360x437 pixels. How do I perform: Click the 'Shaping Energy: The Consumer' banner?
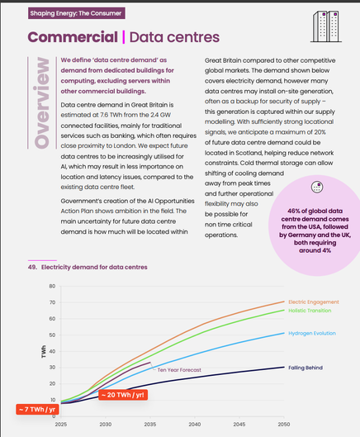pyautogui.click(x=76, y=13)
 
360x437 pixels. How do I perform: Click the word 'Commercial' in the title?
pyautogui.click(x=73, y=37)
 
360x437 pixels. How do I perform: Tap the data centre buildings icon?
pyautogui.click(x=326, y=26)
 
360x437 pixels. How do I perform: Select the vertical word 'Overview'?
pyautogui.click(x=42, y=102)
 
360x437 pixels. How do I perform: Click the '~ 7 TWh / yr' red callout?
pyautogui.click(x=37, y=409)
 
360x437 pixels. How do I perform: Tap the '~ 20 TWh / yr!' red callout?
pyautogui.click(x=123, y=395)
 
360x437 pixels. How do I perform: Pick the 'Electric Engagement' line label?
pyautogui.click(x=314, y=302)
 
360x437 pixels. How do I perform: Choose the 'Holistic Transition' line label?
pyautogui.click(x=310, y=311)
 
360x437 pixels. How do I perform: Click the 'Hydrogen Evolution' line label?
pyautogui.click(x=312, y=333)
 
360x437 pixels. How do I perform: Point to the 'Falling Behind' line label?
pyautogui.click(x=306, y=368)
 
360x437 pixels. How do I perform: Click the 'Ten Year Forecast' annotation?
pyautogui.click(x=179, y=370)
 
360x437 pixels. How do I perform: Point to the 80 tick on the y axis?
pyautogui.click(x=52, y=286)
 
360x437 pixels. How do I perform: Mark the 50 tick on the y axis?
pyautogui.click(x=52, y=335)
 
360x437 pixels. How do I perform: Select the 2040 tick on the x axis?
pyautogui.click(x=195, y=424)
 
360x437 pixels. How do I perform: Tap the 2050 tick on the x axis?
pyautogui.click(x=284, y=424)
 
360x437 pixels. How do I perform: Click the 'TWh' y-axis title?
pyautogui.click(x=44, y=351)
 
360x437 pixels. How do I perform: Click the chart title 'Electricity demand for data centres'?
pyautogui.click(x=94, y=267)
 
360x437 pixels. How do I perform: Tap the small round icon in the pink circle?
pyautogui.click(x=317, y=187)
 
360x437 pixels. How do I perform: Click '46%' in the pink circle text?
pyautogui.click(x=293, y=211)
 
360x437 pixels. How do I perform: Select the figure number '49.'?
pyautogui.click(x=32, y=267)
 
